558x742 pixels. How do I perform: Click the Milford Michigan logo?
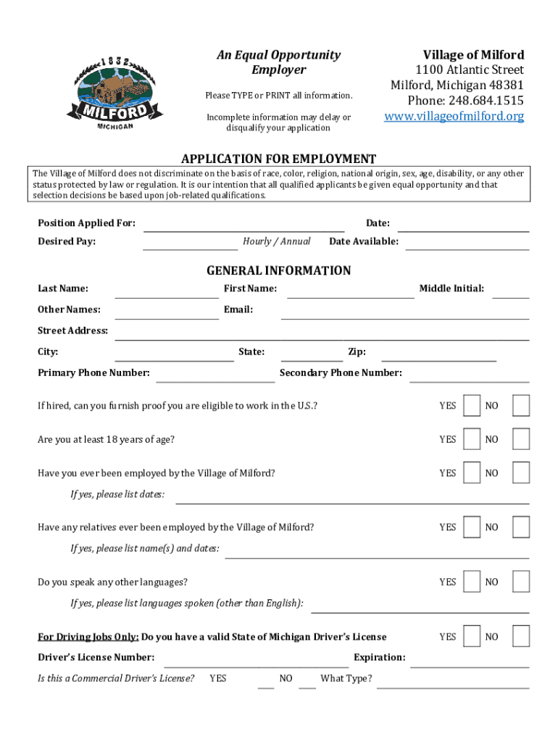pyautogui.click(x=115, y=92)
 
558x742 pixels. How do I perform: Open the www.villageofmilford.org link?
pyautogui.click(x=454, y=116)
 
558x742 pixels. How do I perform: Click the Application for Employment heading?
pyautogui.click(x=278, y=159)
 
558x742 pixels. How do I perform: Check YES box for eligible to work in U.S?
pyautogui.click(x=472, y=406)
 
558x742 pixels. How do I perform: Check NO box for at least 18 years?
pyautogui.click(x=520, y=439)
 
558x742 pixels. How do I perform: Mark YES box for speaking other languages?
pyautogui.click(x=472, y=582)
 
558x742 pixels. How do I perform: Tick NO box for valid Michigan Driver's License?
pyautogui.click(x=520, y=636)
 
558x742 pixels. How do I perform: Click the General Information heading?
pyautogui.click(x=278, y=271)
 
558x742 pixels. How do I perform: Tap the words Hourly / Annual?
pyautogui.click(x=277, y=241)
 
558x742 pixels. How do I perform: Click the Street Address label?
pyautogui.click(x=72, y=331)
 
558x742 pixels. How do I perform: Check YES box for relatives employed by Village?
pyautogui.click(x=472, y=527)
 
